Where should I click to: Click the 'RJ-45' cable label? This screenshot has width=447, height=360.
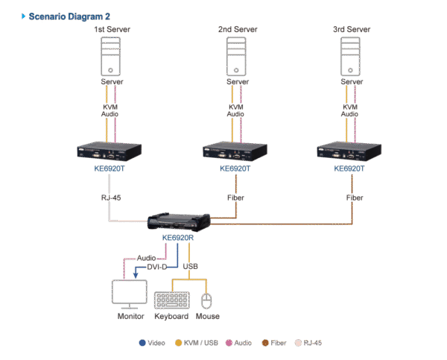[111, 198]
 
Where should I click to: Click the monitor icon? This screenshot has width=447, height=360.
[130, 294]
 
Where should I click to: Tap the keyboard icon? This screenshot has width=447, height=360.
[173, 300]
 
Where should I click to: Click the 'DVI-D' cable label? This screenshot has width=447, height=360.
[157, 266]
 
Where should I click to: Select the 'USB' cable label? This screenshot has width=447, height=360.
[191, 266]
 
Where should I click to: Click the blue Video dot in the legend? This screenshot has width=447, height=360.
[142, 343]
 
